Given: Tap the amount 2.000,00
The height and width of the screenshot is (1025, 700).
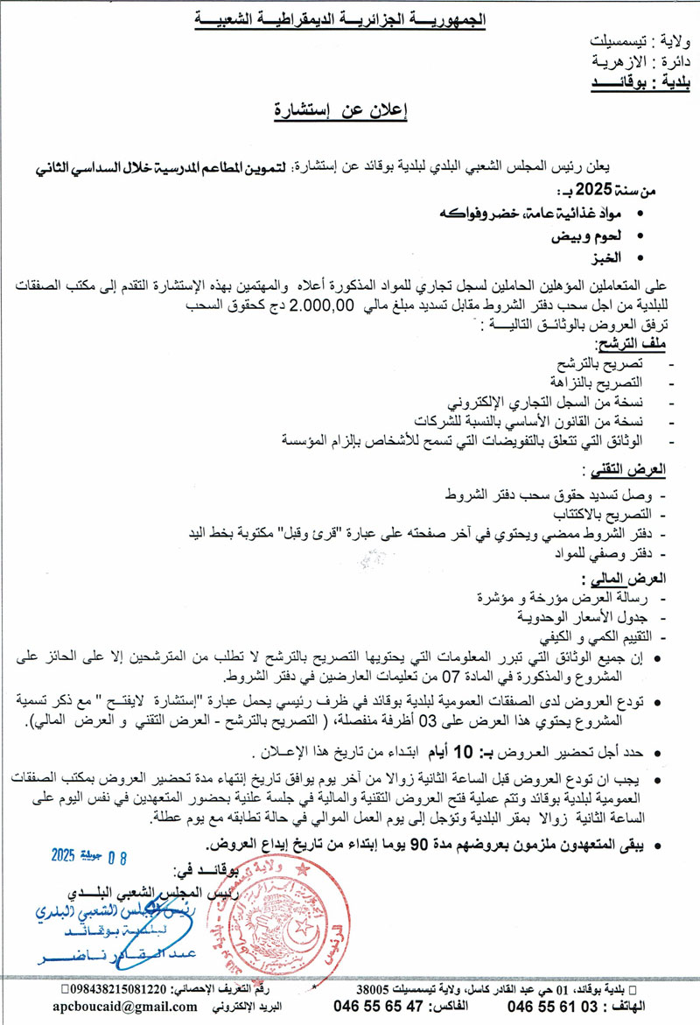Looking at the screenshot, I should [321, 305].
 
